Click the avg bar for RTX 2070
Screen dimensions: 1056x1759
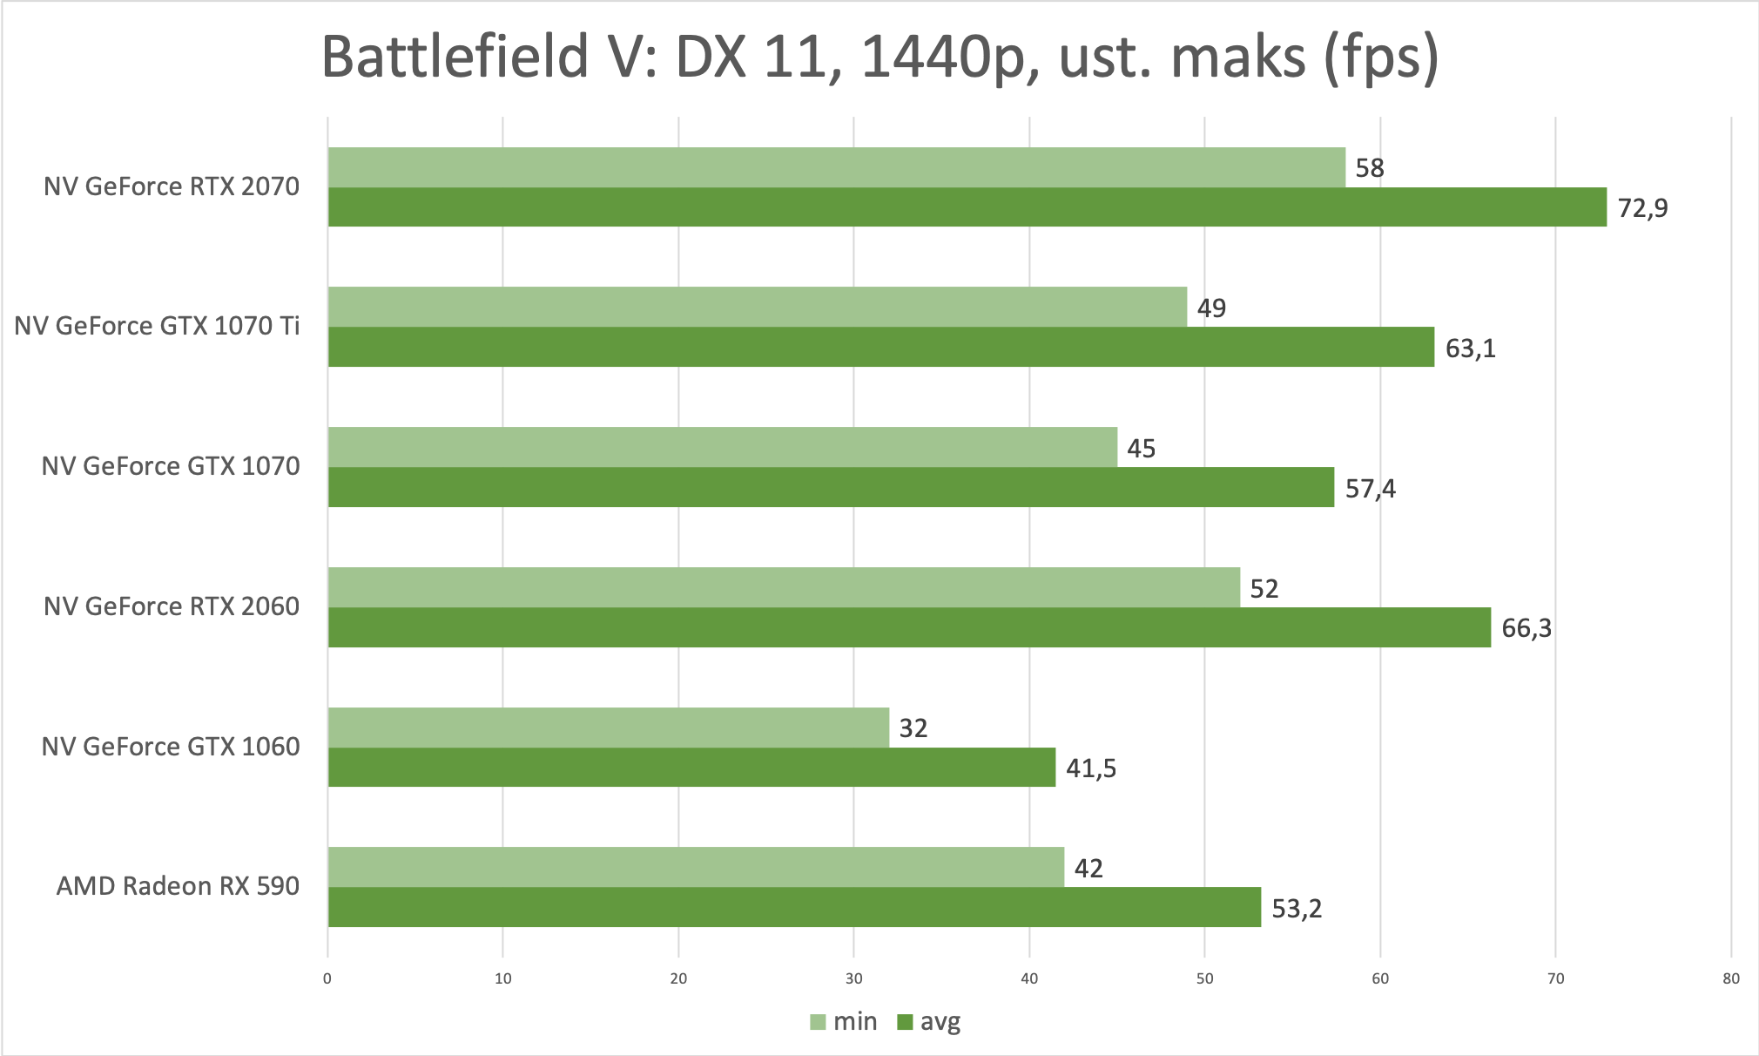pos(967,207)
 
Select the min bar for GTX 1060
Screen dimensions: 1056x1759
pos(608,727)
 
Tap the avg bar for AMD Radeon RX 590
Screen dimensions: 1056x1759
pos(794,907)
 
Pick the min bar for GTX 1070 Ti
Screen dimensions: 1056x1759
pos(758,307)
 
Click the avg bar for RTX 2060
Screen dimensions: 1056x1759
pos(909,627)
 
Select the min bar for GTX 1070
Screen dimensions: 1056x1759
pos(723,447)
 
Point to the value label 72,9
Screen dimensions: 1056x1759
pos(1642,208)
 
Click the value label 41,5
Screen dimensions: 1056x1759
pos(1091,768)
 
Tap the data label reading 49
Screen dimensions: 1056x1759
pos(1211,308)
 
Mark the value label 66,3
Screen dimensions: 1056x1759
pos(1526,628)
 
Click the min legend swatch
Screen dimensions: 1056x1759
pos(818,1022)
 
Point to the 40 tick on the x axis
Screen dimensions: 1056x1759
pos(1029,978)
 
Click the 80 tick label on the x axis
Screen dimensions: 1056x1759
pos(1730,978)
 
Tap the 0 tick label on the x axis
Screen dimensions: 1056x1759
pos(327,978)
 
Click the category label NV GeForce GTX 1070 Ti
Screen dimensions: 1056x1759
pos(157,326)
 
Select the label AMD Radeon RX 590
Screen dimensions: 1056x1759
pos(178,886)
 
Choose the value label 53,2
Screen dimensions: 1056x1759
pos(1297,909)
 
